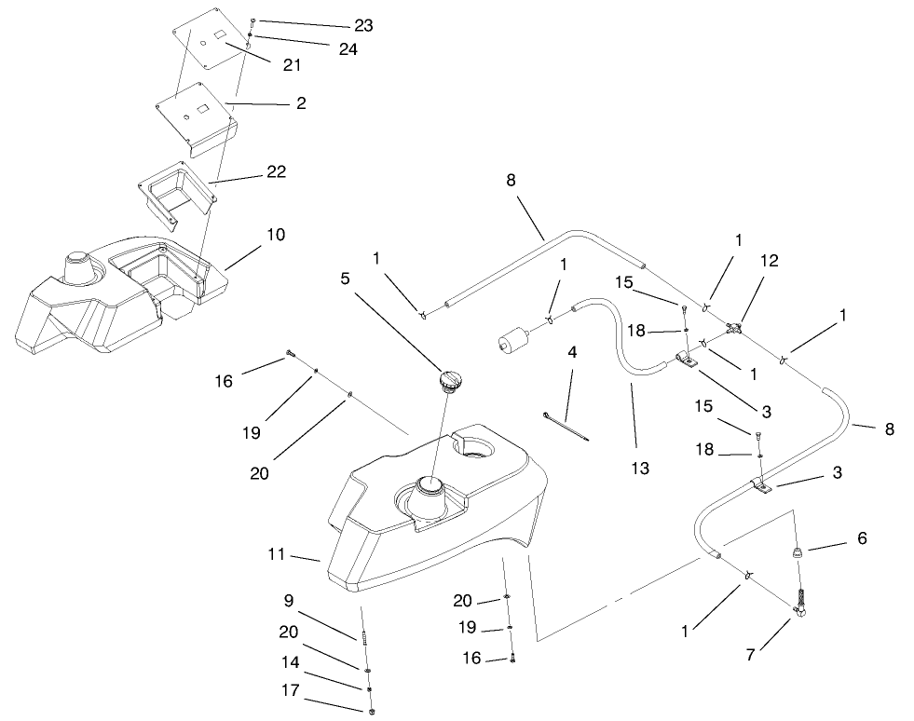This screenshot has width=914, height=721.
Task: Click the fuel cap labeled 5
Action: [449, 381]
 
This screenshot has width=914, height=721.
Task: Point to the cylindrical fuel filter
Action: [514, 336]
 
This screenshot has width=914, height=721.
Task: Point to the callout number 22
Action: [275, 171]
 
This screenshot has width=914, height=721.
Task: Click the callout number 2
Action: [300, 103]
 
